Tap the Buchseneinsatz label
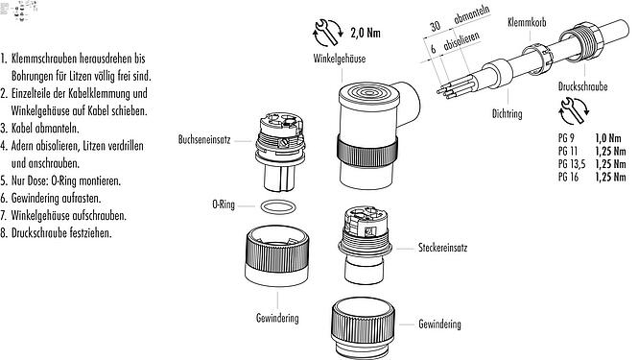click(x=203, y=139)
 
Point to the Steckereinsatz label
click(x=442, y=247)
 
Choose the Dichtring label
click(x=506, y=114)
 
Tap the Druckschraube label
click(x=581, y=85)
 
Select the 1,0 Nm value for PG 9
click(x=607, y=140)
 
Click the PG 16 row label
click(x=568, y=178)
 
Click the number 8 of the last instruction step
click(x=5, y=232)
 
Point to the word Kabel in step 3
click(x=26, y=128)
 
